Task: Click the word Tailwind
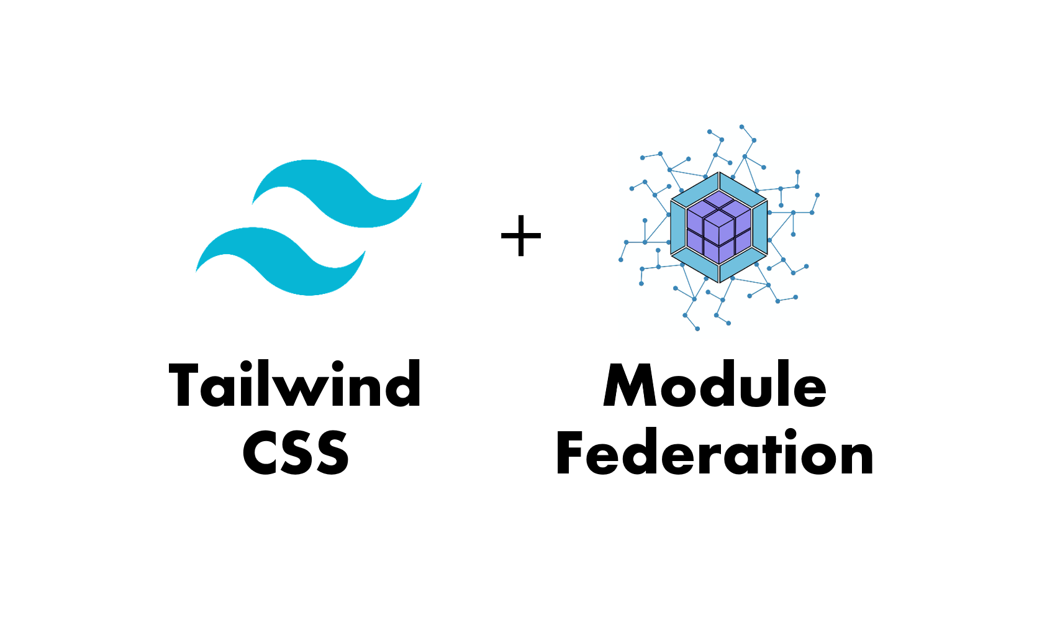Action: [295, 385]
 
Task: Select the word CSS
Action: [296, 452]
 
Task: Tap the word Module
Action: [715, 385]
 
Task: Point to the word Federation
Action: [715, 452]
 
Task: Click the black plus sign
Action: [521, 236]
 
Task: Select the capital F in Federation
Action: [571, 452]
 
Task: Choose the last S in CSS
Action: [333, 452]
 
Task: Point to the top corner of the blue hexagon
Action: [719, 173]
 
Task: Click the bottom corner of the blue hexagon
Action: [719, 283]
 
